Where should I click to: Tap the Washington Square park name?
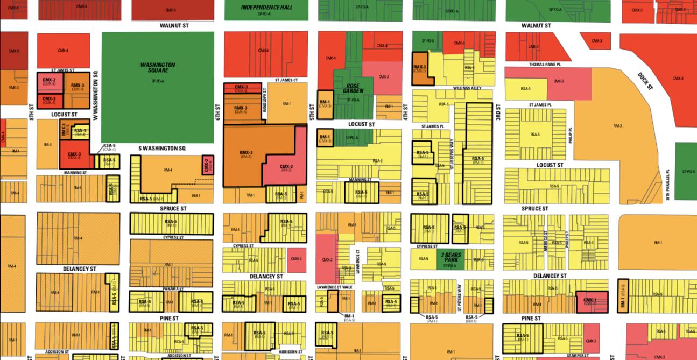158,68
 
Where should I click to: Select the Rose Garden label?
353,88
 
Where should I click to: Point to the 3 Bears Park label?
450,257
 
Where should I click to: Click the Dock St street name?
645,81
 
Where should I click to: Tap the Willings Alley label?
467,88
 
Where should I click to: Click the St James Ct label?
286,80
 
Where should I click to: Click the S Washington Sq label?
162,148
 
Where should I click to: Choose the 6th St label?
219,112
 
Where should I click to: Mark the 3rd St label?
498,114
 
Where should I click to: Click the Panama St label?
173,289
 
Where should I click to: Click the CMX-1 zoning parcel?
592,301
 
